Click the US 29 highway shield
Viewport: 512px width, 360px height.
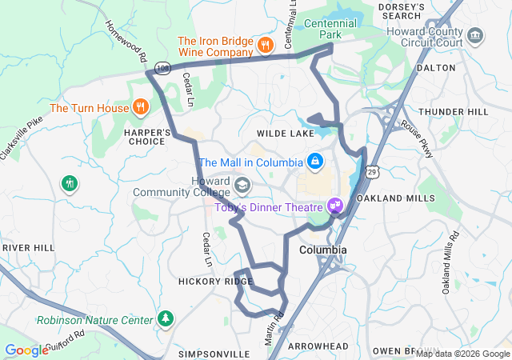pyautogui.click(x=372, y=171)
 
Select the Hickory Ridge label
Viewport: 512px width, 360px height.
pyautogui.click(x=216, y=282)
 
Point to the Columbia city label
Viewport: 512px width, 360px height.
pyautogui.click(x=323, y=250)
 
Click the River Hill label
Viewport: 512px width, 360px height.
pyautogui.click(x=27, y=248)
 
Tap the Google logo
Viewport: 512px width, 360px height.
pyautogui.click(x=26, y=350)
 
